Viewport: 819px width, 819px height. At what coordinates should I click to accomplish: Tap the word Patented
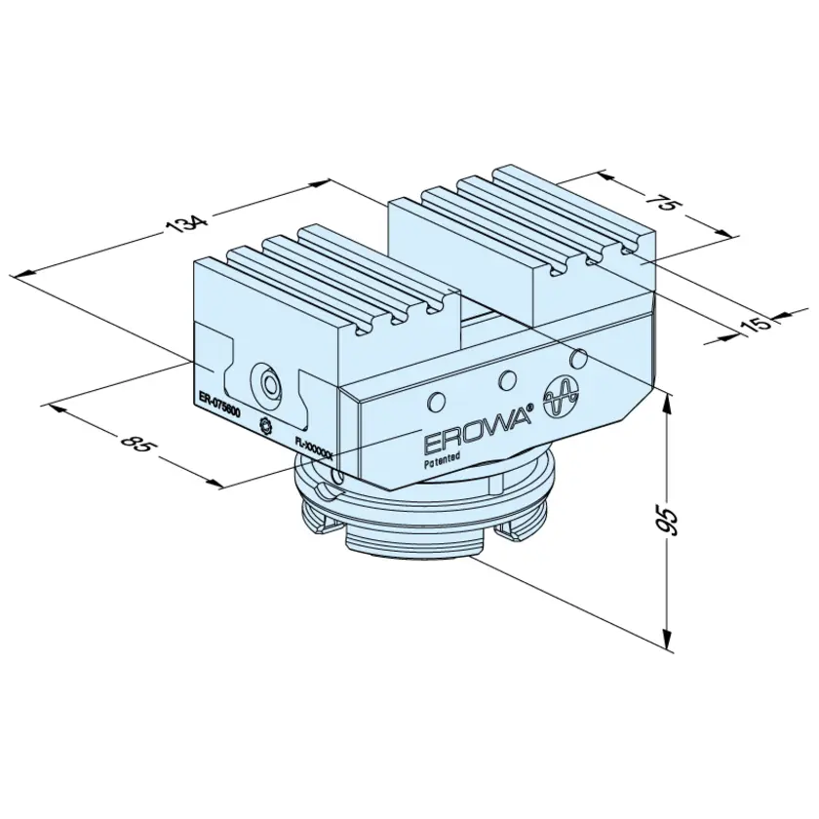click(442, 458)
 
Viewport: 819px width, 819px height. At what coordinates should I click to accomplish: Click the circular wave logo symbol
click(562, 398)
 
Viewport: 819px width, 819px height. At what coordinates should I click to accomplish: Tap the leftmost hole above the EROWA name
click(436, 401)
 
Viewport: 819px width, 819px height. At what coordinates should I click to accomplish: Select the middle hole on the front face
click(507, 379)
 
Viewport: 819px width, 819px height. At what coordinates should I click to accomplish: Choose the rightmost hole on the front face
click(577, 358)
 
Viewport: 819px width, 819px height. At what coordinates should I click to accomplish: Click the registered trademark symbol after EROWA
click(530, 408)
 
